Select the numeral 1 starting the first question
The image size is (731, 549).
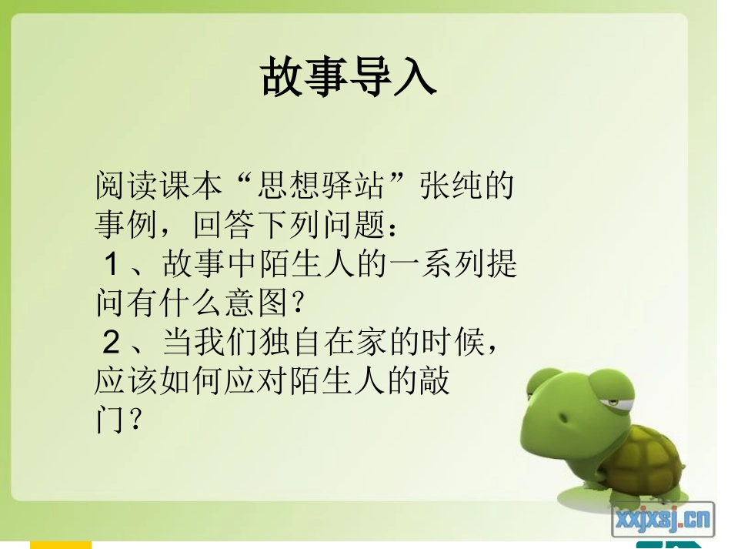[111, 265]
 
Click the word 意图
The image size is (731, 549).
[255, 303]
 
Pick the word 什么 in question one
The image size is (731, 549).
[191, 303]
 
